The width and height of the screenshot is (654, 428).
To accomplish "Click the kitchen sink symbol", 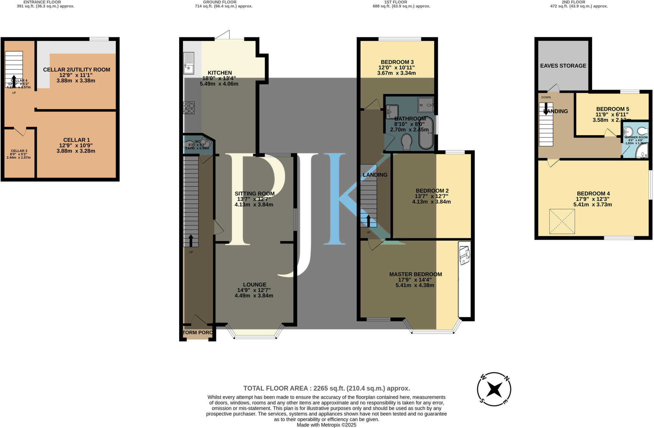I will click(189, 63).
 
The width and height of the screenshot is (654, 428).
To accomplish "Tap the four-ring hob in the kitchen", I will click(189, 107).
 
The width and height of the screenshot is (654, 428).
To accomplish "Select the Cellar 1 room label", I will click(76, 140).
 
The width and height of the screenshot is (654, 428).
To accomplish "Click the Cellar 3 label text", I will click(19, 151).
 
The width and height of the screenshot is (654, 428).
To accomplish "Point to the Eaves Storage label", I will click(563, 66).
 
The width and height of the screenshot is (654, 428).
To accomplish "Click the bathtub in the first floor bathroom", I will click(426, 133).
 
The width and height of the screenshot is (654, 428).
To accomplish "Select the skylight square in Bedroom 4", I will click(562, 221).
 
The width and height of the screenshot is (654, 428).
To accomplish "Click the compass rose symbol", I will click(494, 389).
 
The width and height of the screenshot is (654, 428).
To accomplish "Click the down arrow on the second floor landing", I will click(546, 108).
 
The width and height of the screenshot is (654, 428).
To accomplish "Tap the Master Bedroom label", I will click(415, 274).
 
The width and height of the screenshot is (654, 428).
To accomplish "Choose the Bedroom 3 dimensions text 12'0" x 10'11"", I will click(396, 68).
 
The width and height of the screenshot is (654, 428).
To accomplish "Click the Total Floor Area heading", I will click(326, 388).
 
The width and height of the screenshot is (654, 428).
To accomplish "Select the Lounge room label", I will click(255, 284).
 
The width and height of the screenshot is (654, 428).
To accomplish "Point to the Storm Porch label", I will click(197, 333).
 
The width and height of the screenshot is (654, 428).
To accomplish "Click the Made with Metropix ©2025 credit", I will click(326, 425).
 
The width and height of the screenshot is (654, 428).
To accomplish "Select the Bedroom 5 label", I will click(612, 109).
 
